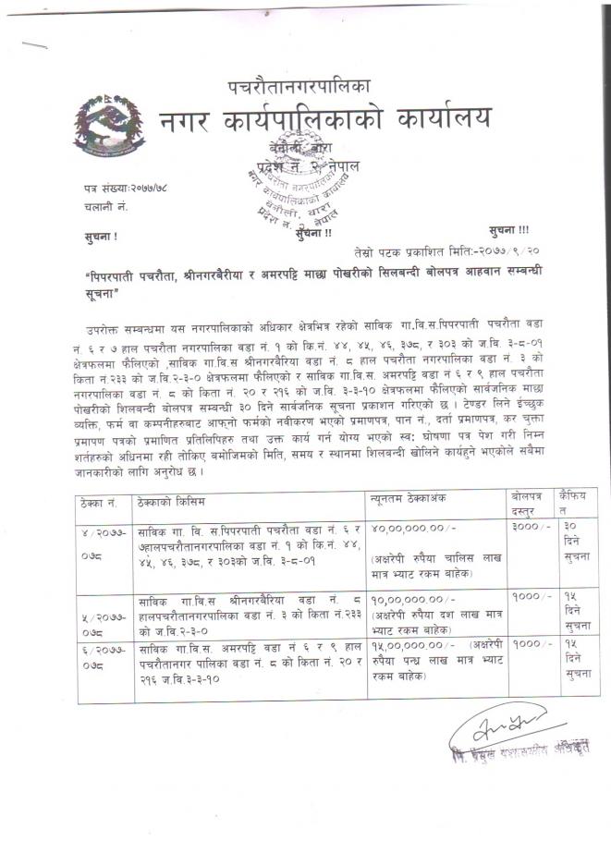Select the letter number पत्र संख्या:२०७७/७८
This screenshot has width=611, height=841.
coord(124,189)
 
